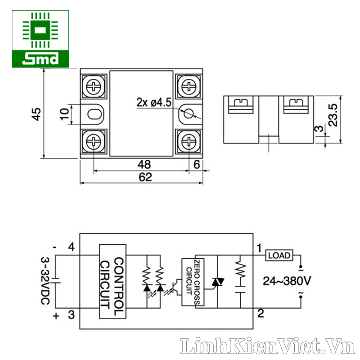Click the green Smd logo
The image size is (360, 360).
[40, 39]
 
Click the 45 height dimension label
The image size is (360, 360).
[36, 114]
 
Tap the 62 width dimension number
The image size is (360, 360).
[145, 177]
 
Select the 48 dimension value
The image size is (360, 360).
[144, 164]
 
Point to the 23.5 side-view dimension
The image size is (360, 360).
[333, 115]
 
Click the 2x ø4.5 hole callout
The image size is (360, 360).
[154, 102]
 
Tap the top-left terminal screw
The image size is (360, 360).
[94, 86]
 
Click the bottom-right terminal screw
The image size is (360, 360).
[189, 141]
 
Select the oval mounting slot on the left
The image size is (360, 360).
[94, 114]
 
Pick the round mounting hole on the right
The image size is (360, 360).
[189, 113]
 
